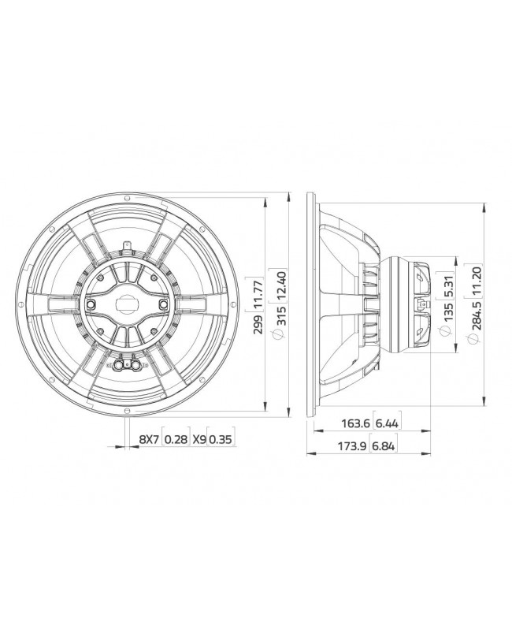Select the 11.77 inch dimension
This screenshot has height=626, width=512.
click(x=258, y=293)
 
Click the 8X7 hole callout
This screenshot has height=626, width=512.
click(x=149, y=438)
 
